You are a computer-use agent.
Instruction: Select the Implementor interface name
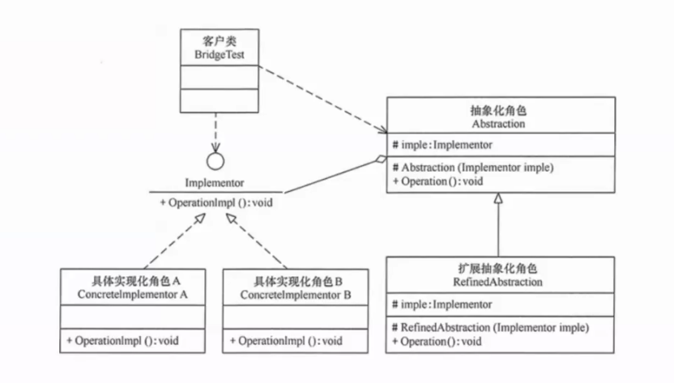click(215, 184)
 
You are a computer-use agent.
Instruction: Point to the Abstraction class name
click(498, 125)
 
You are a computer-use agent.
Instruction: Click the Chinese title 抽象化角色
click(498, 111)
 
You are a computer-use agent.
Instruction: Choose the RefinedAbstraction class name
click(499, 282)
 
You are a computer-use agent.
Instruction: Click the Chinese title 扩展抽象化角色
click(499, 268)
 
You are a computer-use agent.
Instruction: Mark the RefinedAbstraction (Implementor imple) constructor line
click(489, 326)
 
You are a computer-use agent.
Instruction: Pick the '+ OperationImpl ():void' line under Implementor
click(215, 202)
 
